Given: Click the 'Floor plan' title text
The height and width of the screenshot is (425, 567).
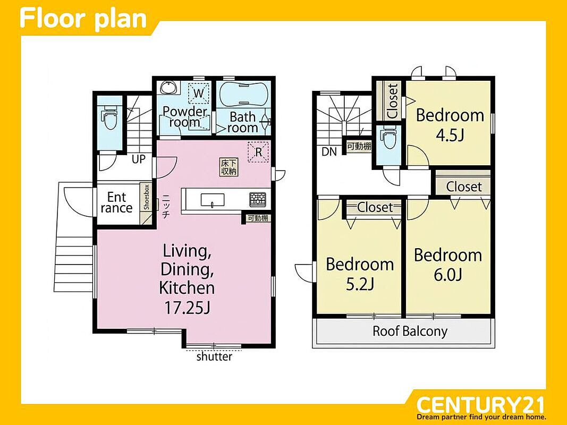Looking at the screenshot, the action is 83,19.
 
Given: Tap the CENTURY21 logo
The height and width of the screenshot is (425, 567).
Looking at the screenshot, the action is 480,407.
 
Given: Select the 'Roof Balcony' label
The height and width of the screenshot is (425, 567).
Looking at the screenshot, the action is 410,331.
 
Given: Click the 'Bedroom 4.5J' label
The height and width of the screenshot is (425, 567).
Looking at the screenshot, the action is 450,125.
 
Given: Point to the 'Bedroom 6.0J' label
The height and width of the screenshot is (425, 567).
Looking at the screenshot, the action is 448,265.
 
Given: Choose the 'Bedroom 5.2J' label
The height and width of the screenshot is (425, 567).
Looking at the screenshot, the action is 360,274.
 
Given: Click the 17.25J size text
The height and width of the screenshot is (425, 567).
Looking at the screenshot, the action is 187,308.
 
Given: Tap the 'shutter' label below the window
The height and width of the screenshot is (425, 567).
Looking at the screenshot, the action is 214,357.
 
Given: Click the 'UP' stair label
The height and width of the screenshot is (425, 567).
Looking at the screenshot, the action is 139,159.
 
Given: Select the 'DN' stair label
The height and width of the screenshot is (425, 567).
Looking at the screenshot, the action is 329,152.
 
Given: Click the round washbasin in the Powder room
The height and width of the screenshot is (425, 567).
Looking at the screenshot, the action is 168,87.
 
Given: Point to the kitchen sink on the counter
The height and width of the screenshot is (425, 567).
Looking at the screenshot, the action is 212,200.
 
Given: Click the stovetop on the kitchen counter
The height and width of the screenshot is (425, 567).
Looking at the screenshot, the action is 258,200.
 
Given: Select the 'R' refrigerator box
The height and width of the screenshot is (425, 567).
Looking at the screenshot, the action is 258,152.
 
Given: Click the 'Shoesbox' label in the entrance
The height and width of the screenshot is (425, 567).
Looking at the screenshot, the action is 146,197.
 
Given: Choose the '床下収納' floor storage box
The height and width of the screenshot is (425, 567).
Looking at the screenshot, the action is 229,167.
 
